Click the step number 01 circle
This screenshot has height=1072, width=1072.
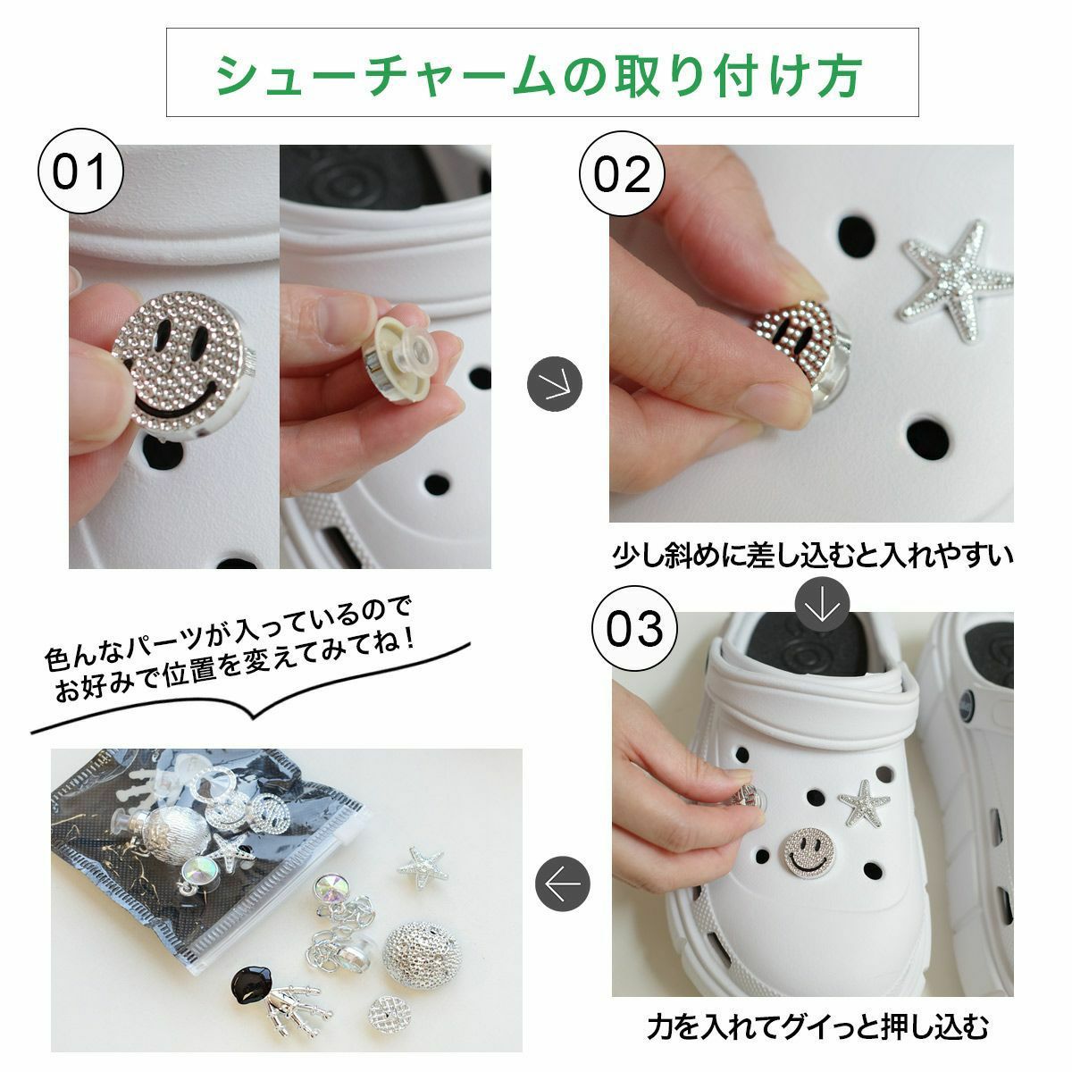pyautogui.click(x=80, y=172)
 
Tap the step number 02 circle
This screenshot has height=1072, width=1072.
pyautogui.click(x=622, y=173)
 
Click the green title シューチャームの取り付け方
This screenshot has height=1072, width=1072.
pyautogui.click(x=539, y=76)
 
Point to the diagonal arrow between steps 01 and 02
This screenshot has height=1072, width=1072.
pyautogui.click(x=554, y=384)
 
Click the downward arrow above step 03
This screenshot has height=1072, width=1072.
pyautogui.click(x=822, y=606)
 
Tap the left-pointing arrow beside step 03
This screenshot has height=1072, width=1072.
pyautogui.click(x=563, y=884)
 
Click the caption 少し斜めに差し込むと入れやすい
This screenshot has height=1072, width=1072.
pyautogui.click(x=813, y=555)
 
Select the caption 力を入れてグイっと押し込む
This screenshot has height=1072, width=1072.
pyautogui.click(x=817, y=1027)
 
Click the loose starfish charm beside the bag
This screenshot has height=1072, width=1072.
pyautogui.click(x=423, y=867)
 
